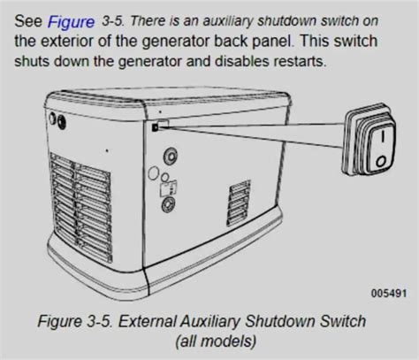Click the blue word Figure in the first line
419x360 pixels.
tap(71, 22)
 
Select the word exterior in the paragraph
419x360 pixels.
tap(66, 41)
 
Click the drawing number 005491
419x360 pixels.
tap(389, 294)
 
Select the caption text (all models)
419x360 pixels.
tap(216, 341)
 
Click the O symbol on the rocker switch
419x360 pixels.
tap(381, 161)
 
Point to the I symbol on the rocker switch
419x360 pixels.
tap(383, 136)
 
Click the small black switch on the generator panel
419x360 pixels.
tap(155, 127)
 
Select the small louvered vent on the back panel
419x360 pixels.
tap(239, 203)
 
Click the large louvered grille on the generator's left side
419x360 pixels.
tap(80, 207)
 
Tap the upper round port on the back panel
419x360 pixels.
tap(171, 156)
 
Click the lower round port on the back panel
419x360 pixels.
tap(168, 204)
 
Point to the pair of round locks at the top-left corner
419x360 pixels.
tap(57, 121)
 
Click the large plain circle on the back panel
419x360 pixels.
tap(153, 173)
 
